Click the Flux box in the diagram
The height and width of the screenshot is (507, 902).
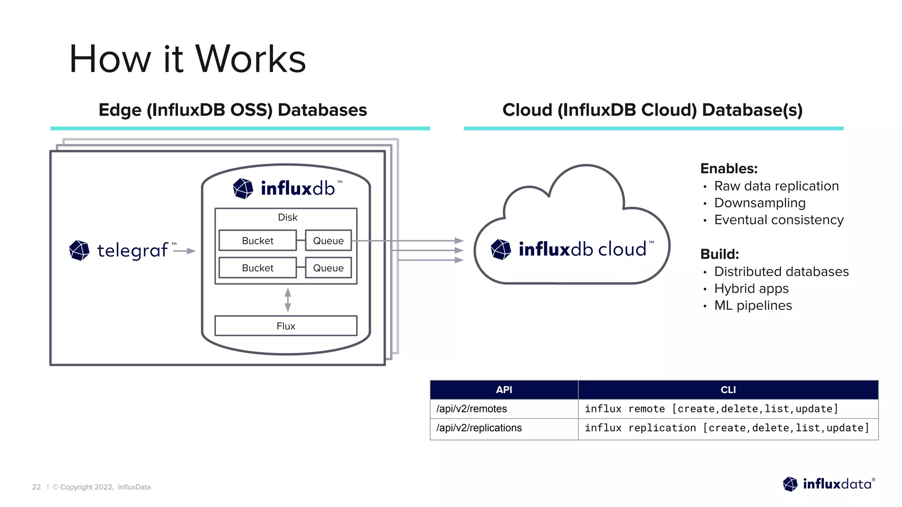click(x=285, y=326)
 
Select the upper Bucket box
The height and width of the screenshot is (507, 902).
click(x=257, y=241)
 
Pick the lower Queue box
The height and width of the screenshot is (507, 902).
click(x=328, y=268)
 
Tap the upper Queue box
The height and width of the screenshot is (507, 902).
click(x=328, y=241)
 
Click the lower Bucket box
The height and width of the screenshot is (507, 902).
click(x=257, y=268)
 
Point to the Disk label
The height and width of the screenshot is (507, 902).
click(x=288, y=217)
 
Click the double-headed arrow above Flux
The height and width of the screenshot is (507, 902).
click(x=288, y=300)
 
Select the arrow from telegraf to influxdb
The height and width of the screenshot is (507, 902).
click(x=185, y=251)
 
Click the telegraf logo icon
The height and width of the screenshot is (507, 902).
click(x=79, y=250)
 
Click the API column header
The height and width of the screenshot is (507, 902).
click(x=504, y=390)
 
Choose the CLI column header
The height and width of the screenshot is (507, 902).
click(x=728, y=390)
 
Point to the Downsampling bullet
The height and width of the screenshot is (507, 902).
click(x=760, y=203)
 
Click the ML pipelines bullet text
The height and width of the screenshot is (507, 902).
click(x=753, y=305)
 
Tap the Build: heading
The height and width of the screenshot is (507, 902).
click(x=719, y=254)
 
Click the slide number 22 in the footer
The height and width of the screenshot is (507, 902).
click(x=36, y=487)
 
